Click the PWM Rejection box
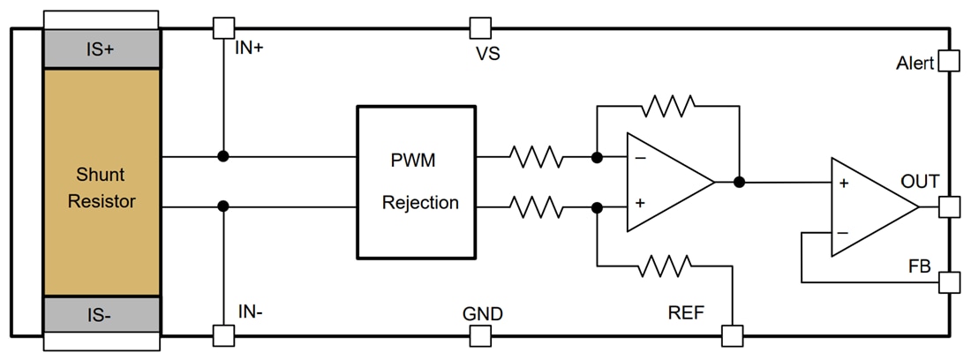[x=416, y=182]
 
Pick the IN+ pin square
[x=224, y=28]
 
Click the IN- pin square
[x=224, y=335]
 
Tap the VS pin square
[x=480, y=28]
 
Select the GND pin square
[x=480, y=335]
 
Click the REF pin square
[x=732, y=335]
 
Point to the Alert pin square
[x=948, y=60]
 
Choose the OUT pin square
[x=948, y=206]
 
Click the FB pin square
[x=948, y=282]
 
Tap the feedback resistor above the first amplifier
[x=668, y=106]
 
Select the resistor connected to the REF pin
[x=668, y=265]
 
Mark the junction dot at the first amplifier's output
[x=739, y=183]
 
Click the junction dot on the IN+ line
[x=224, y=157]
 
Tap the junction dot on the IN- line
[x=224, y=206]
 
